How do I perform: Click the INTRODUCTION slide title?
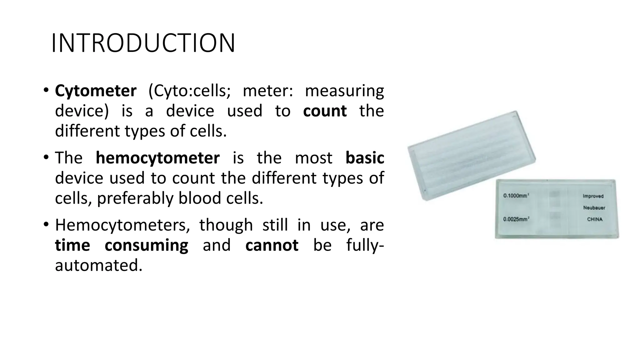143,43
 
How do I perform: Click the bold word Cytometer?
96,91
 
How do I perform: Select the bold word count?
325,111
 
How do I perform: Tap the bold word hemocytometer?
157,157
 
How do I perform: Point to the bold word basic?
365,157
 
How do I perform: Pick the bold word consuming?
146,245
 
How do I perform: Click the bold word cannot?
272,245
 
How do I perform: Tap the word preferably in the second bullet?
135,198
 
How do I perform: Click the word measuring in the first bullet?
344,91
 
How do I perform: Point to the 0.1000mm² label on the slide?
516,196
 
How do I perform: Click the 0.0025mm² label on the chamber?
516,219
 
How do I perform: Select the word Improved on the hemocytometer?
593,196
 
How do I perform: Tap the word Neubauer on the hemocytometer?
594,208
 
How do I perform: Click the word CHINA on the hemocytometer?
594,219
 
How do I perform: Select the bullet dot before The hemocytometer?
46,157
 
